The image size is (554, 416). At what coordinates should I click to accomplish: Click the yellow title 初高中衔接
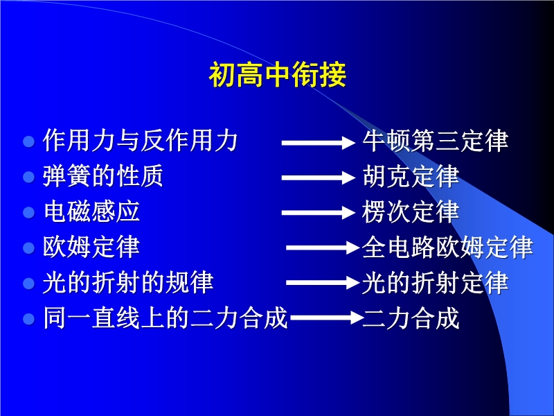tap(278, 75)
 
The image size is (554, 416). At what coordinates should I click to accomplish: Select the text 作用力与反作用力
tap(140, 141)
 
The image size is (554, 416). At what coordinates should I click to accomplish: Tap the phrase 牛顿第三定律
tap(436, 141)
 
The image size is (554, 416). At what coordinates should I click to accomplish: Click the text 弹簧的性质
tap(102, 176)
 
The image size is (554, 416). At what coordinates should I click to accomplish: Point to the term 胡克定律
tap(411, 176)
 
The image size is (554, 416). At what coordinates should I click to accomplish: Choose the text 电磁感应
tap(91, 211)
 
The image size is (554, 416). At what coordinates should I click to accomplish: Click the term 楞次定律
tap(411, 211)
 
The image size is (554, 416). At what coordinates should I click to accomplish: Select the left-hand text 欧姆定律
tap(91, 247)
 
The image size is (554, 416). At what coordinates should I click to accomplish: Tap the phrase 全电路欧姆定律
tap(447, 247)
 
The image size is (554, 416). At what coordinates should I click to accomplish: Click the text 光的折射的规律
tap(128, 282)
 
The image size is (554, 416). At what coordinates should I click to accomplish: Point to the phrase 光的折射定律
tap(436, 282)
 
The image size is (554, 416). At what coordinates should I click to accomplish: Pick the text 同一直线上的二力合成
tap(166, 318)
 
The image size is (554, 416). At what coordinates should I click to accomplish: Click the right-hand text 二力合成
tap(411, 318)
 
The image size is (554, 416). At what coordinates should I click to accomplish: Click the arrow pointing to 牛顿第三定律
tap(319, 143)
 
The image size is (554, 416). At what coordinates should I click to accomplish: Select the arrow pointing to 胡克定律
tap(319, 177)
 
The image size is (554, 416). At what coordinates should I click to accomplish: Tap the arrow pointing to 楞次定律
tap(319, 213)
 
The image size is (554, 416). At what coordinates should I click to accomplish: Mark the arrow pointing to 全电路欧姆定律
tap(323, 248)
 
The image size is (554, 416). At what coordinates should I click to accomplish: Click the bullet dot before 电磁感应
tap(28, 213)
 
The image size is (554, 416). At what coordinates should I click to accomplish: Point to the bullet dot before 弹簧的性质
tap(28, 177)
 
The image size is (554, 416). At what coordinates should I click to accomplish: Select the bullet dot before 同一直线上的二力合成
tap(28, 319)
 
